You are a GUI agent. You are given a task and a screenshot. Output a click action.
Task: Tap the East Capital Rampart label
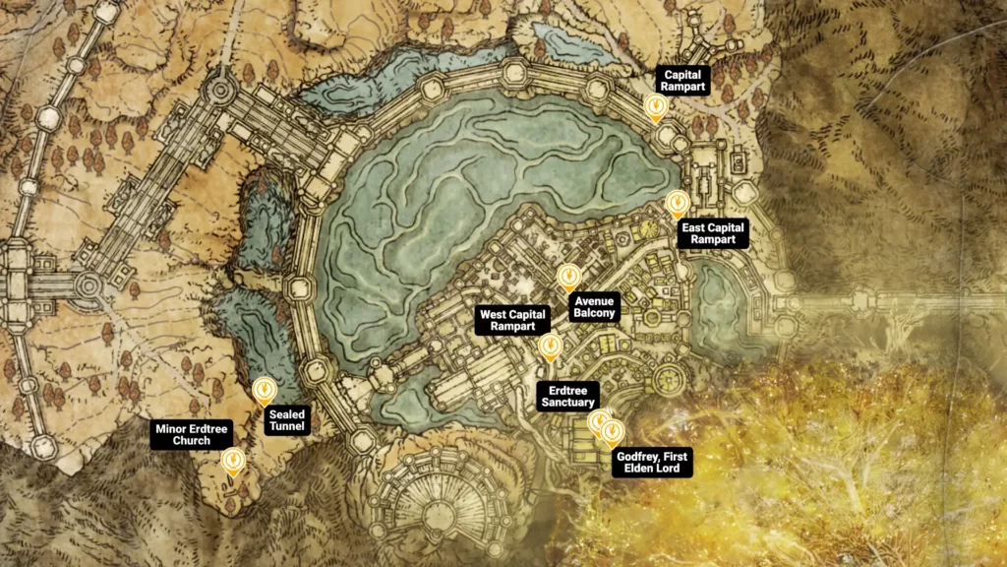(x=713, y=233)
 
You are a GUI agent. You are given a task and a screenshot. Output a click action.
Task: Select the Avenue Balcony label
(x=595, y=307)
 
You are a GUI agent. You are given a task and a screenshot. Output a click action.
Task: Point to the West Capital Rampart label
(x=507, y=321)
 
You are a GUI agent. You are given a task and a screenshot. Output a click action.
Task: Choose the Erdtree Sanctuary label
(x=567, y=396)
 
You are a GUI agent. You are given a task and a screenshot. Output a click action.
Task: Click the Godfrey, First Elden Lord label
(x=652, y=463)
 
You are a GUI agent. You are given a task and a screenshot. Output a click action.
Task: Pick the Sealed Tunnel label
(x=287, y=421)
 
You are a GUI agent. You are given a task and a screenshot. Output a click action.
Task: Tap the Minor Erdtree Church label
(x=191, y=435)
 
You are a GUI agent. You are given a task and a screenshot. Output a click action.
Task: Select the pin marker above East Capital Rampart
(x=677, y=204)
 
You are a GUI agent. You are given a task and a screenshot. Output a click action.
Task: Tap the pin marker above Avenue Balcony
(x=567, y=278)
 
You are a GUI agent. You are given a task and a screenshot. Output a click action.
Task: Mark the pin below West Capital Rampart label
(x=551, y=346)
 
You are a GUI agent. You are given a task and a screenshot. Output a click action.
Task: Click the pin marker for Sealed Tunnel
(x=264, y=392)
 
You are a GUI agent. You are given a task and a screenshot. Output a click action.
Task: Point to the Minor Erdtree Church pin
(x=233, y=461)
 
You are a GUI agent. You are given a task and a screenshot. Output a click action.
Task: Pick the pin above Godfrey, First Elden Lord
(x=613, y=433)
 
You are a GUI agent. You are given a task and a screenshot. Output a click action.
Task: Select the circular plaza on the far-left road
(x=89, y=285)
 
